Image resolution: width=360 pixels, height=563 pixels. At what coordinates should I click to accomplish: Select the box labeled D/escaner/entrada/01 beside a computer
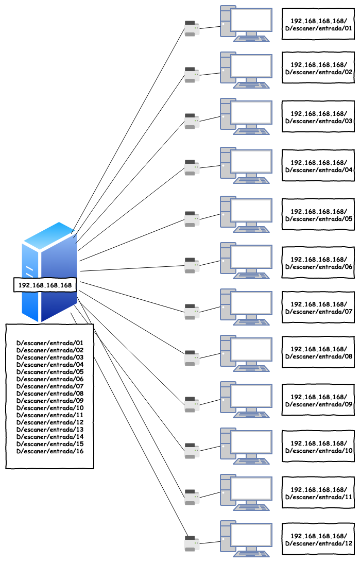(318, 25)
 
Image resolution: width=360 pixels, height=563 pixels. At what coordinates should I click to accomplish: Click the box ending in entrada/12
(318, 540)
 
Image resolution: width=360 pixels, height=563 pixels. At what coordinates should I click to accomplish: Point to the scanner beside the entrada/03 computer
(192, 122)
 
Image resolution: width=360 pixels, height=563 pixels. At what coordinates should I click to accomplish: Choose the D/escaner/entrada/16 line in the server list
(50, 451)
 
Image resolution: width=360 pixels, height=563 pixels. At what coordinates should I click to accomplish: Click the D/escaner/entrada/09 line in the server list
(50, 400)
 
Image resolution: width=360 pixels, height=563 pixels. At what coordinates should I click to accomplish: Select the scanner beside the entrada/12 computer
(192, 544)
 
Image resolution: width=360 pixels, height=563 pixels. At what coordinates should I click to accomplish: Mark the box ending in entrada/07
(318, 308)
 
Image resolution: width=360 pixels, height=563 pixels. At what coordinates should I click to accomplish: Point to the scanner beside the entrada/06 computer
(192, 266)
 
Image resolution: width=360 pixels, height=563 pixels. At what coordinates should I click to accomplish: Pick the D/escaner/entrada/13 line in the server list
(50, 429)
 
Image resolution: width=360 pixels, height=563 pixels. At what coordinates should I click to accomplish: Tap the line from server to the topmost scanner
(129, 129)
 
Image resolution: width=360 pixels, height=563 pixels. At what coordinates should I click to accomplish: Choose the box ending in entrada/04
(318, 166)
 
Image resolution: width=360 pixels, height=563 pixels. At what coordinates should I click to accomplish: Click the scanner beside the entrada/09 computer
(192, 404)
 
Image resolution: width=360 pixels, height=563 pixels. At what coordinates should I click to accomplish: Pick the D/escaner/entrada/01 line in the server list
(50, 343)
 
